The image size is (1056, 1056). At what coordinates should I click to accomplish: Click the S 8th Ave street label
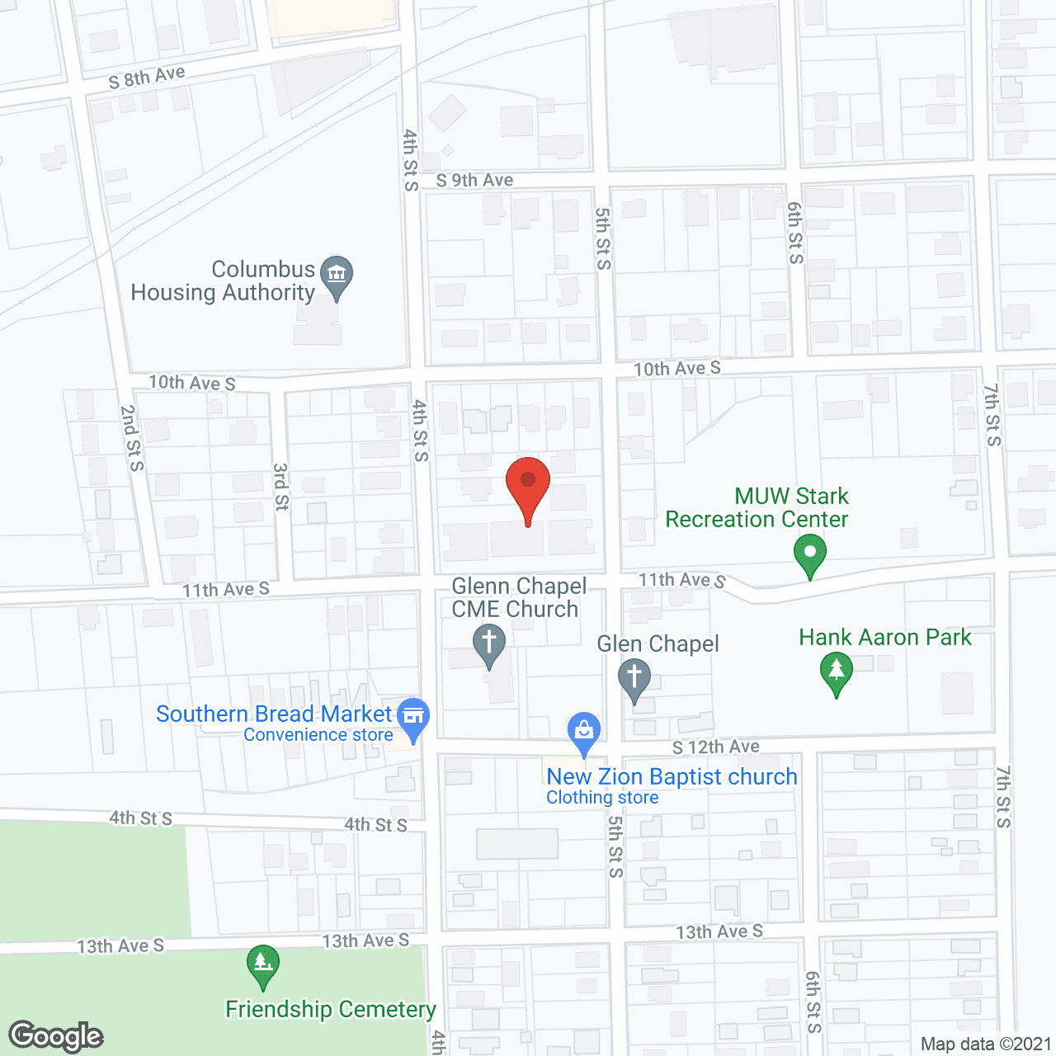pyautogui.click(x=147, y=78)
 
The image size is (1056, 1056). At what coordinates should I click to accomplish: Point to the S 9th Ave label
pyautogui.click(x=474, y=180)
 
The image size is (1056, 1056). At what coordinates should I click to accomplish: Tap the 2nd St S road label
pyautogui.click(x=131, y=438)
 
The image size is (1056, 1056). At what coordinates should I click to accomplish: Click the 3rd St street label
pyautogui.click(x=281, y=487)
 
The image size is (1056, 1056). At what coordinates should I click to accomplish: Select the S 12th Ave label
pyautogui.click(x=715, y=747)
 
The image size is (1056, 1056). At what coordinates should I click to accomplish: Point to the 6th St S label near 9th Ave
pyautogui.click(x=794, y=233)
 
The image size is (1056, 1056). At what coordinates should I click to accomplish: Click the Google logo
pyautogui.click(x=56, y=1035)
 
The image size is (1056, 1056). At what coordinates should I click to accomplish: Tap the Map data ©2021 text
pyautogui.click(x=986, y=1044)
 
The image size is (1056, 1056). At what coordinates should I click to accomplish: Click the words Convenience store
pyautogui.click(x=318, y=735)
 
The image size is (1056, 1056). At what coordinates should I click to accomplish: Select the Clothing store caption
pyautogui.click(x=602, y=798)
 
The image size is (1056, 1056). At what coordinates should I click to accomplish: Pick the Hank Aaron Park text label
pyautogui.click(x=885, y=638)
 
